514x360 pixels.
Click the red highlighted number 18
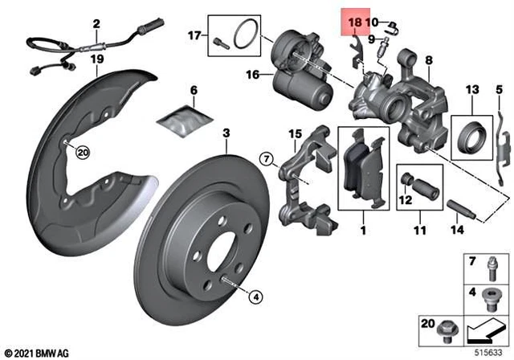click(x=353, y=22)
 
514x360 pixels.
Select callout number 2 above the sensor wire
click(x=96, y=24)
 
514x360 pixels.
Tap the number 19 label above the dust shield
click(x=96, y=59)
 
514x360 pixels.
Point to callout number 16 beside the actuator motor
click(x=251, y=75)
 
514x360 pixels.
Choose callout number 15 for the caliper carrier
click(x=294, y=133)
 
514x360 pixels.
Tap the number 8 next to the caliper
click(x=429, y=59)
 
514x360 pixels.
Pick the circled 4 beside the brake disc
click(x=255, y=297)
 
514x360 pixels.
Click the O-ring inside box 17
click(x=244, y=37)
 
